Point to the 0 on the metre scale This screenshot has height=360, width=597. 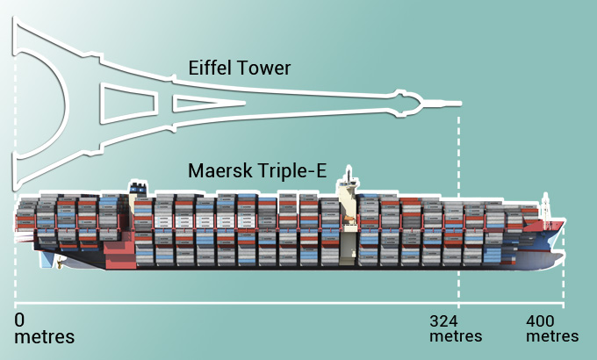click(x=20, y=319)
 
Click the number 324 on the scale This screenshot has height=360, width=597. click(x=446, y=321)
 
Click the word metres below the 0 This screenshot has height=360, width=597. click(x=44, y=336)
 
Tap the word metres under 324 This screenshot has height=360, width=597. click(x=456, y=336)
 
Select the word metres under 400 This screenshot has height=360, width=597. click(x=552, y=336)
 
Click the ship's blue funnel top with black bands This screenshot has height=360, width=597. click(x=138, y=186)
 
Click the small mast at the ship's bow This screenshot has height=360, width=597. click(x=545, y=204)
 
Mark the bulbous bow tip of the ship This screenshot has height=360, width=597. click(x=560, y=256)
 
